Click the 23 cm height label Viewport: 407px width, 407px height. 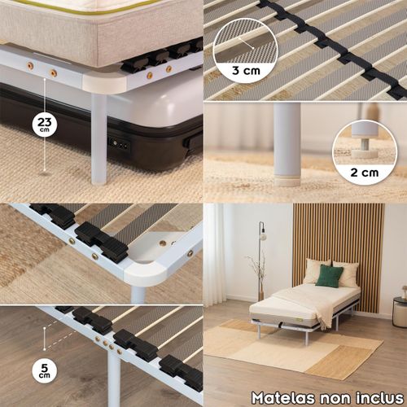point(44,124)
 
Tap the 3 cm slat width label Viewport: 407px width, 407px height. point(246,71)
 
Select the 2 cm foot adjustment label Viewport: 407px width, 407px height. point(365,173)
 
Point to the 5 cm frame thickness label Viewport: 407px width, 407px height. point(44,370)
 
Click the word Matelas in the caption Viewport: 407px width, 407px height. point(283,398)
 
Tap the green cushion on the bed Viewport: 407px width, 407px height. point(330,276)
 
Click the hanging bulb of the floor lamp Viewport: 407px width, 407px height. point(263,235)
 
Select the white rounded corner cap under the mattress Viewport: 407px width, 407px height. point(105,83)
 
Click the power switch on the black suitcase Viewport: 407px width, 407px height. point(119,144)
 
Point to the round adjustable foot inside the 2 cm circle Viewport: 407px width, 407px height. point(364,152)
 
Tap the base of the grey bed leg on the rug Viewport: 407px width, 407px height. point(287,182)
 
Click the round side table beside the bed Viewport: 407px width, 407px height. point(400,311)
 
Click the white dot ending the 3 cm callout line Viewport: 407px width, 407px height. point(252,48)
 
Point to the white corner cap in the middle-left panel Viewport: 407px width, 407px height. point(145,272)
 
